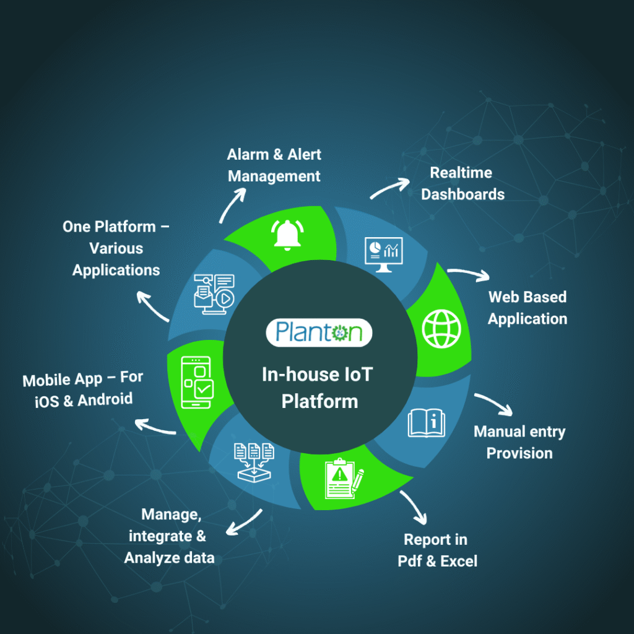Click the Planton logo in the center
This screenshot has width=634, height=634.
(319, 332)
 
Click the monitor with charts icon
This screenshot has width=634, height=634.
(383, 254)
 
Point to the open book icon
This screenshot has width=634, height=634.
(426, 423)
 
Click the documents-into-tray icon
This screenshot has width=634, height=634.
(254, 461)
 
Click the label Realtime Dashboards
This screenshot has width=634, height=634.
(462, 183)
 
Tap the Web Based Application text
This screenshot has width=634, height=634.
(527, 308)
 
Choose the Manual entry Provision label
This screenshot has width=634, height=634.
(519, 442)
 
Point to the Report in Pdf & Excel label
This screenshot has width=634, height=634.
(437, 550)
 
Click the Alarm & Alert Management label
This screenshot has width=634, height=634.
(274, 165)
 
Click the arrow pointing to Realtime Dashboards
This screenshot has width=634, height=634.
(390, 187)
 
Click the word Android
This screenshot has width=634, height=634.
(105, 399)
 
